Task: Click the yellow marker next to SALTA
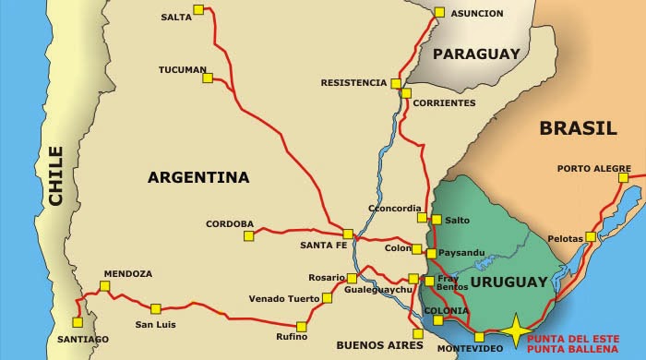point(198,12)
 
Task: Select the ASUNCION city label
point(477,13)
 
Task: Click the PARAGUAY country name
point(477,54)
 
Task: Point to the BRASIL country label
point(578,128)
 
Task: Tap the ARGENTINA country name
point(198,176)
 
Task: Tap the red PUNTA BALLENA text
point(569,350)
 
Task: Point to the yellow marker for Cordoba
point(248,236)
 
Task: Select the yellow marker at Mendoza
point(105,286)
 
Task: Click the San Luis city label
point(155,324)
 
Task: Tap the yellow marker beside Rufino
point(301,325)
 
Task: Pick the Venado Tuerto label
point(282,299)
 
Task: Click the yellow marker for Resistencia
point(395,83)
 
